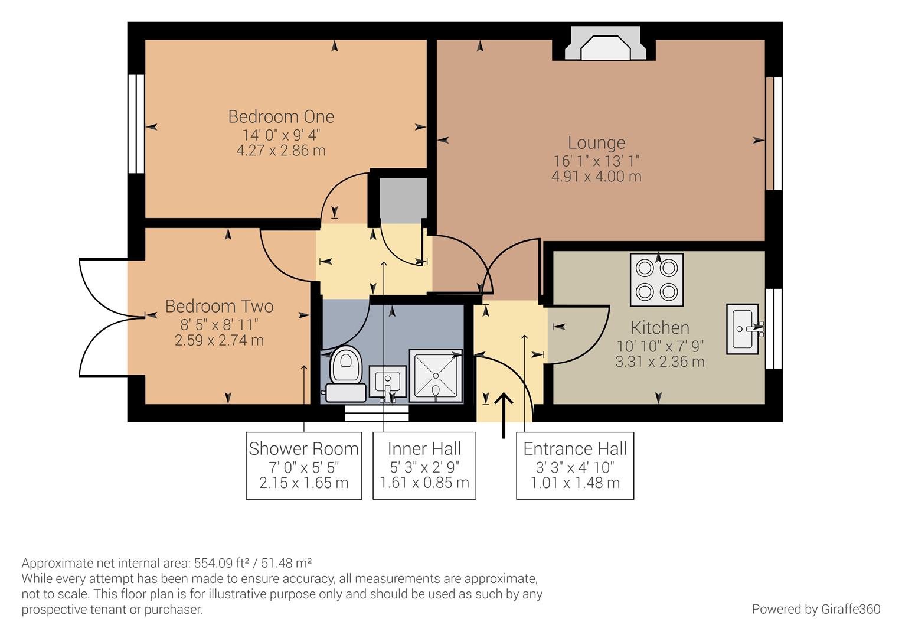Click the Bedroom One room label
coord(281,117)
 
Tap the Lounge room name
coord(596,143)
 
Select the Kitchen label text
coord(660,328)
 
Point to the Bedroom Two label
coord(220,307)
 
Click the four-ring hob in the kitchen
coord(657,279)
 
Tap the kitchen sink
coord(743,329)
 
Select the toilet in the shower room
coord(345,374)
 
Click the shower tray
coord(436,376)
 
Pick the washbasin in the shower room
coord(387,383)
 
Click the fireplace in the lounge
coord(605,44)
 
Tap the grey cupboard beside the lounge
coord(403,200)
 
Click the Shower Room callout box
coord(303,466)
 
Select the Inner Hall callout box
coord(424,466)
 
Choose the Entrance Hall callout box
coord(575,466)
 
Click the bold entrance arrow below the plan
coord(504,415)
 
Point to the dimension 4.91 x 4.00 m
coord(596,177)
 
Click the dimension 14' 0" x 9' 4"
coord(281,135)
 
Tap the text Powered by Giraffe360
coord(816,609)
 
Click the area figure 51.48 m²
coord(286,562)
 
